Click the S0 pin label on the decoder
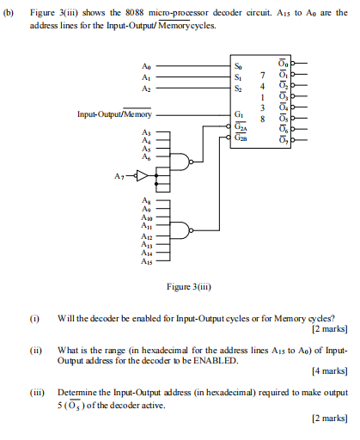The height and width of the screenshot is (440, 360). click(238, 65)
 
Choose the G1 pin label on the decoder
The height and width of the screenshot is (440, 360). click(238, 114)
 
